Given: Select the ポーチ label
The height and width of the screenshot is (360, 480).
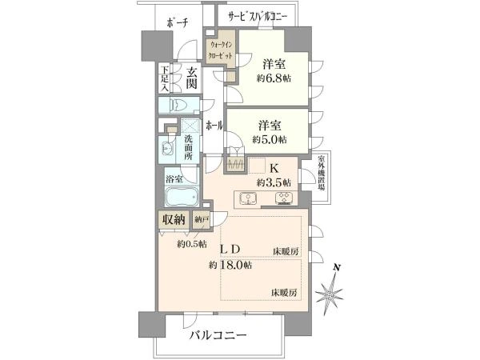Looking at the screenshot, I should click(x=178, y=22).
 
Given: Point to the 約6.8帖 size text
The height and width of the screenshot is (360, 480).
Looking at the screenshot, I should click(x=274, y=78).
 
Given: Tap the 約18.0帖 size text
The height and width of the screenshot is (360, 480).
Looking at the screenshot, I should click(x=231, y=265).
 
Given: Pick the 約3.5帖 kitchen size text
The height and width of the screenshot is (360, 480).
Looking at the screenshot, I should click(x=273, y=182).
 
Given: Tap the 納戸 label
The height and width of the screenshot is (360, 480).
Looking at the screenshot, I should click(x=201, y=219).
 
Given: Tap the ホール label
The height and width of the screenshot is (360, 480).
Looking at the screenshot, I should click(x=214, y=126).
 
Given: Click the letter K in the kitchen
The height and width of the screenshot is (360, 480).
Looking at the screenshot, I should click(x=273, y=168).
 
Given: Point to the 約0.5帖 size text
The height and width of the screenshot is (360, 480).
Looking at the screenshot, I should click(x=192, y=244).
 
